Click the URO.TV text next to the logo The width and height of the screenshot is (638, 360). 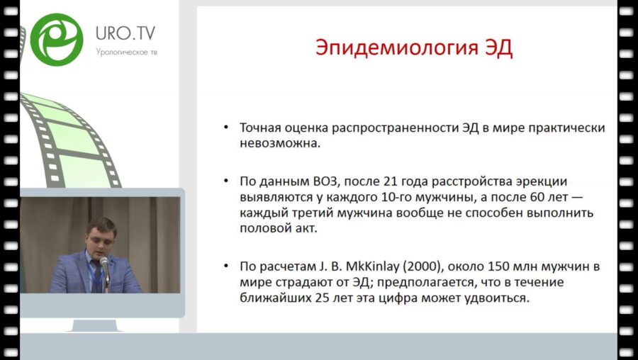pyautogui.click(x=125, y=33)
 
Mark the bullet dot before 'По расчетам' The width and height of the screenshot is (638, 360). pyautogui.click(x=225, y=267)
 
